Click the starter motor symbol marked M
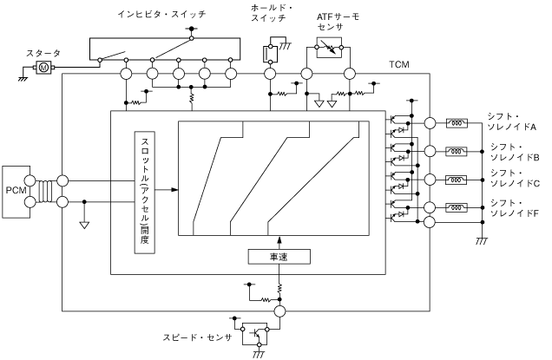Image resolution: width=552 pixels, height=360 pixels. pos(44,67)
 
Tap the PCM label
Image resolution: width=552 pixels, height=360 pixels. pos(16,190)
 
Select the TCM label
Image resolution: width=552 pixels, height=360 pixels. pos(399,65)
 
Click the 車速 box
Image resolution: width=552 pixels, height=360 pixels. pos(279,257)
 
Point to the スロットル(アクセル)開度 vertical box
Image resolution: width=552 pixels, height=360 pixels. pos(145,192)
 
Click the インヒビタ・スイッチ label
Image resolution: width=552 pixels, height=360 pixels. pos(161,14)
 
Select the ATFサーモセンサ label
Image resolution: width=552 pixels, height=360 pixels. pos(338,22)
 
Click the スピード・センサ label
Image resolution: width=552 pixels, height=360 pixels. pos(198,337)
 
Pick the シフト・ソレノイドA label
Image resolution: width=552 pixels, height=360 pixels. pos(511,121)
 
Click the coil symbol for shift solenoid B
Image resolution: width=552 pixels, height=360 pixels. pos(457,152)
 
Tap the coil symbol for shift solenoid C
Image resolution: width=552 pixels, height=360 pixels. pos(457,180)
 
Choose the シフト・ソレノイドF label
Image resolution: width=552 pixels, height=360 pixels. pos(515,208)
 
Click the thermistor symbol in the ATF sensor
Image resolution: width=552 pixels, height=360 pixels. pos(329,47)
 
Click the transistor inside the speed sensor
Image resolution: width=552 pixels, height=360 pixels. pos(256,332)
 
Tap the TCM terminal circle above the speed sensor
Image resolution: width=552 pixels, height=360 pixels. pos(279,311)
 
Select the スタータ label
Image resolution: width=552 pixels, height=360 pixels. pos(43,53)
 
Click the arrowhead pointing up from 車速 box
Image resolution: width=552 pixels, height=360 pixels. pos(279,240)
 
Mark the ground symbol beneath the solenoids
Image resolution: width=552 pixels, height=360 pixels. pos(482,241)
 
